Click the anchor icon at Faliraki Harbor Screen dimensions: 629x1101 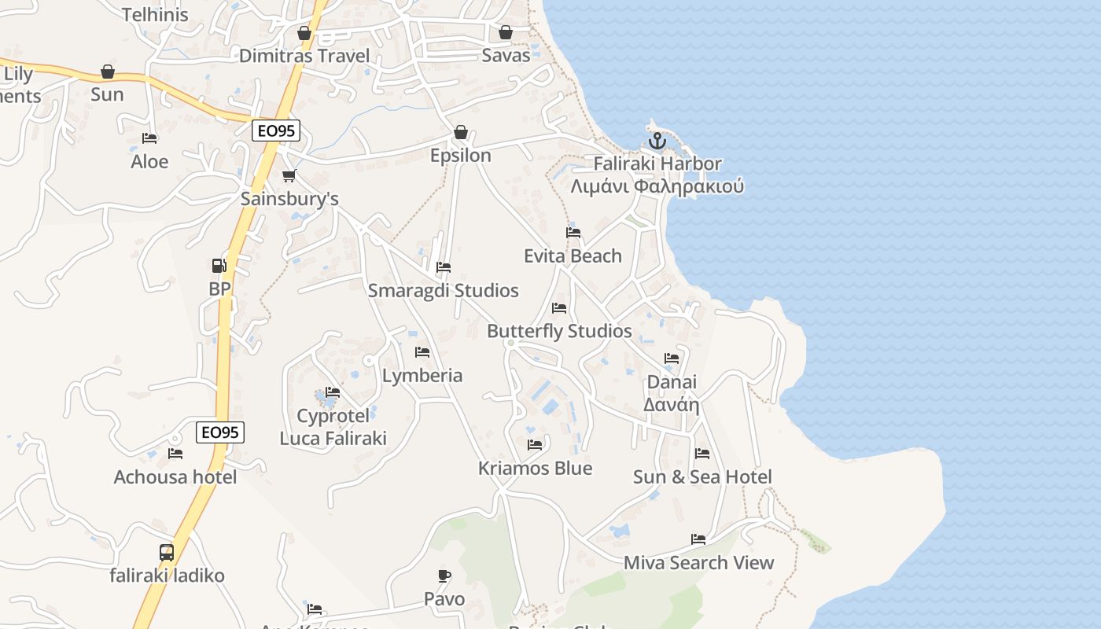(x=657, y=142)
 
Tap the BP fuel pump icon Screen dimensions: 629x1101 (x=219, y=266)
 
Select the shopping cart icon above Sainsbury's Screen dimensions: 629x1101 (x=289, y=176)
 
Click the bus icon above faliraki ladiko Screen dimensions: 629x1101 (x=167, y=552)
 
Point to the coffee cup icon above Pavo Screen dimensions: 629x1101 (x=444, y=576)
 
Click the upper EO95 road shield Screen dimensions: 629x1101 (x=277, y=131)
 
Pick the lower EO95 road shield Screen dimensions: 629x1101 (x=220, y=432)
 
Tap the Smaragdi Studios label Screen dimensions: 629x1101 (x=444, y=291)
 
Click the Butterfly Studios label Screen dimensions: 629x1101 (x=559, y=331)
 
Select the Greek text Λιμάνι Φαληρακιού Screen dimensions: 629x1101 (x=657, y=187)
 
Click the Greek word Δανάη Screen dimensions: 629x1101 (x=672, y=405)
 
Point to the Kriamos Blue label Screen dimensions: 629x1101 (x=536, y=469)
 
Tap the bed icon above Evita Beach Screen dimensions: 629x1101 (x=573, y=233)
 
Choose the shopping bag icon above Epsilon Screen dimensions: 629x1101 (x=461, y=132)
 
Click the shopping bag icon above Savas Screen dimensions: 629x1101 (x=506, y=32)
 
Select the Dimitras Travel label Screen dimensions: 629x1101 (x=304, y=56)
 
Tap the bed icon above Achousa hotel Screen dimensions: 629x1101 (x=175, y=454)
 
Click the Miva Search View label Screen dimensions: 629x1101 (x=699, y=563)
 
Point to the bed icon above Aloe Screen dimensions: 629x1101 (x=149, y=138)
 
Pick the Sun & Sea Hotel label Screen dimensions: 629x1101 (x=702, y=477)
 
